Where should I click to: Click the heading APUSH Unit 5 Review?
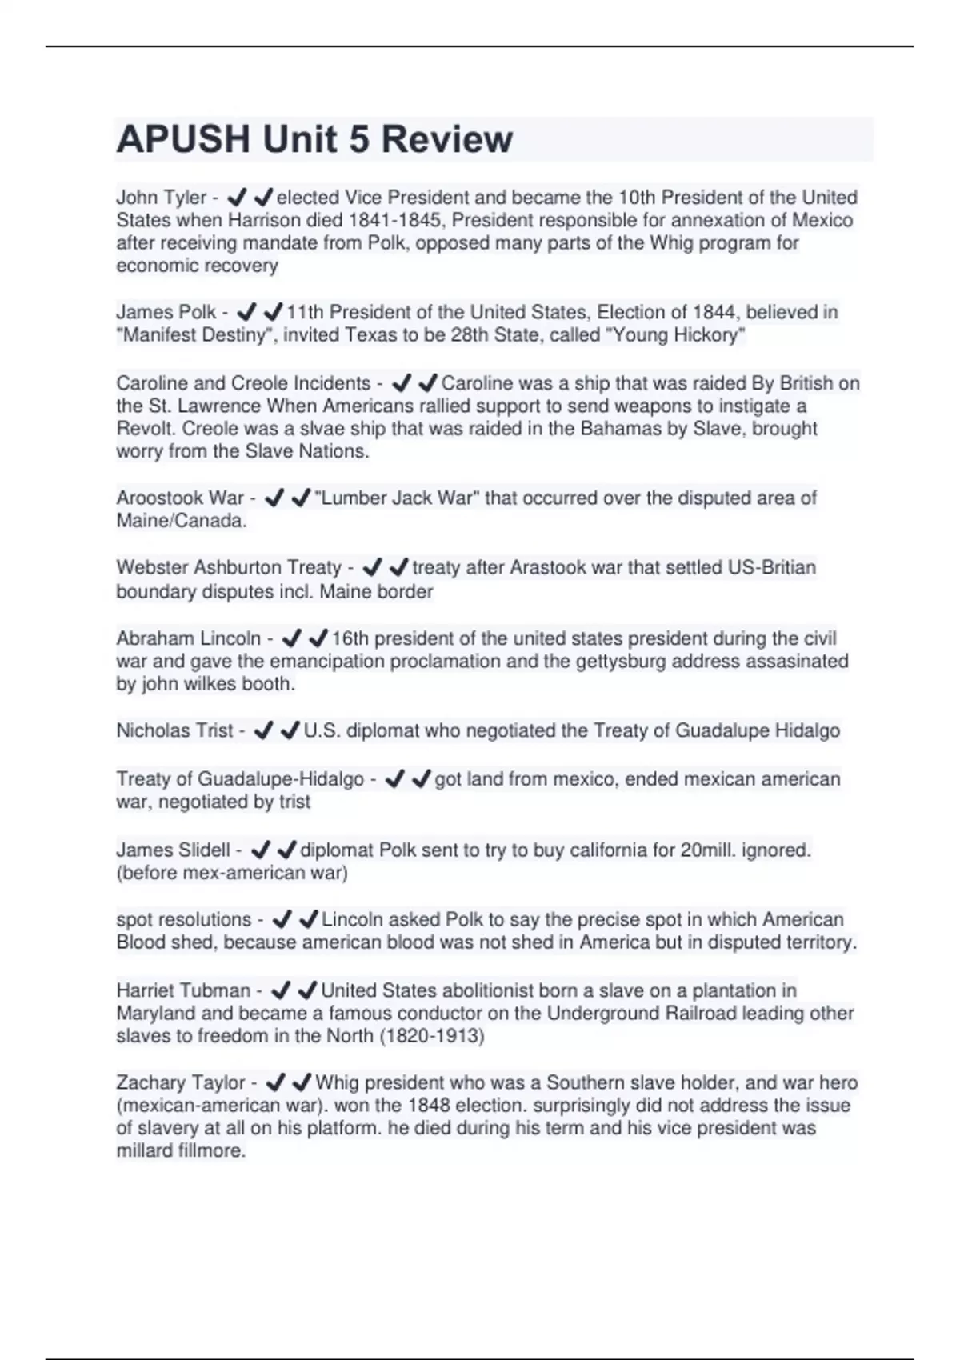click(x=314, y=139)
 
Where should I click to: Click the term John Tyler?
click(x=161, y=197)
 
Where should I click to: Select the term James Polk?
click(x=166, y=312)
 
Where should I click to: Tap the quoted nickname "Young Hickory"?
click(x=678, y=335)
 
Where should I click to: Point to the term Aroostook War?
click(x=179, y=498)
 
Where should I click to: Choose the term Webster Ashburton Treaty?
click(x=228, y=567)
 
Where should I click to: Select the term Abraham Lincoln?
click(x=188, y=638)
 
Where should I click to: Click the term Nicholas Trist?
click(x=174, y=730)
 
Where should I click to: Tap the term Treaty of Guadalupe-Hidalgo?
click(x=239, y=778)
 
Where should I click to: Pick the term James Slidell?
click(x=173, y=850)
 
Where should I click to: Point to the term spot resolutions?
click(x=183, y=919)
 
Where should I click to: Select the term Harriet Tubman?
click(x=182, y=990)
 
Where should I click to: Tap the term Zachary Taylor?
click(x=180, y=1082)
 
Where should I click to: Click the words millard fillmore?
click(x=180, y=1151)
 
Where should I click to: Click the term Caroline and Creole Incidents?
click(x=243, y=383)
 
